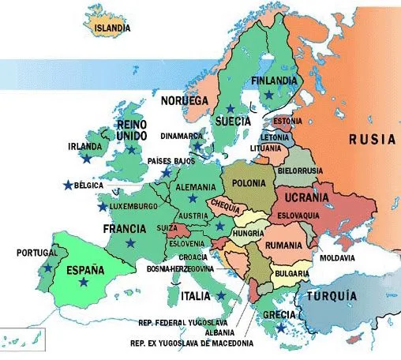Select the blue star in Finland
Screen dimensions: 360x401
point(269,95)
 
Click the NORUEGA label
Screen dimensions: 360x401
point(183,101)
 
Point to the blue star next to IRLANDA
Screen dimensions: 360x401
point(85,159)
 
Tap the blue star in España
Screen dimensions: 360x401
point(83,282)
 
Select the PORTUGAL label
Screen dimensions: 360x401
point(36,253)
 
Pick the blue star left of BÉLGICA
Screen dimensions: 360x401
point(67,186)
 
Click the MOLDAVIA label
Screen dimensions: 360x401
point(336,257)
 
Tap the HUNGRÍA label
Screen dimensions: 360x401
point(249,234)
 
